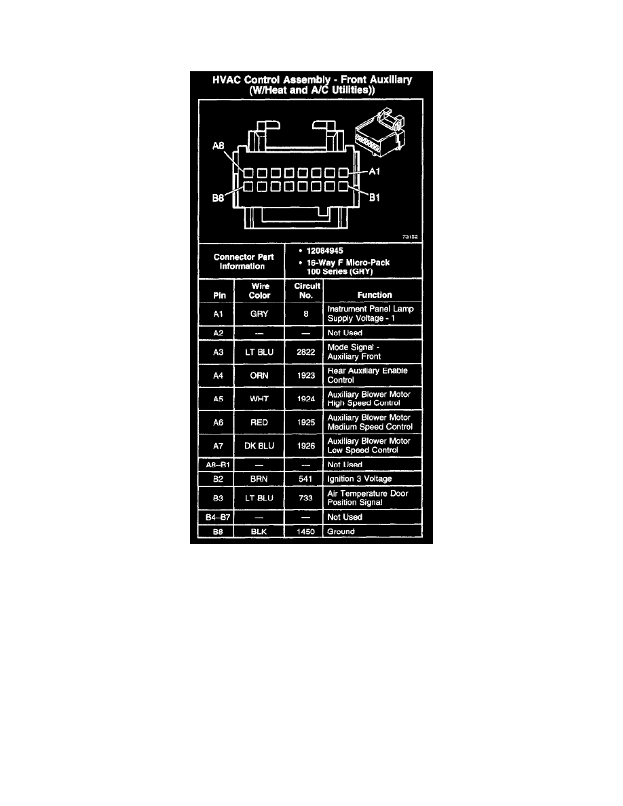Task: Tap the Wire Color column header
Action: coord(259,291)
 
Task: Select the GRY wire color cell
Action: coord(259,314)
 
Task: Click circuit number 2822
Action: coord(306,352)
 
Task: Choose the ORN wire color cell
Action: coord(259,375)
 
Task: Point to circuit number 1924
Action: coord(306,399)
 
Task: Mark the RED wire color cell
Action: coord(259,423)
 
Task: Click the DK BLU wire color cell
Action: coord(259,446)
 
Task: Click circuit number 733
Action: coord(306,498)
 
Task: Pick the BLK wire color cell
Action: coord(259,532)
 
